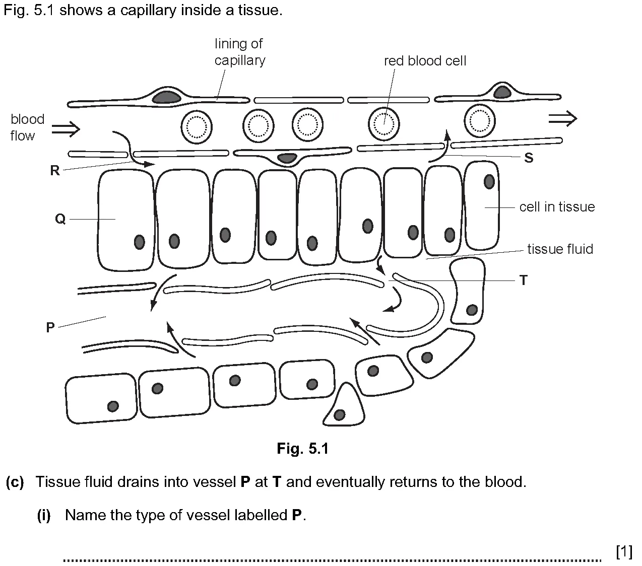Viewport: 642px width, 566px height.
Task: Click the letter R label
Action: (x=55, y=170)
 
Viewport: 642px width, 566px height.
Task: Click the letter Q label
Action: (x=60, y=219)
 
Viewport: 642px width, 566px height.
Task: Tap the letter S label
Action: (x=529, y=158)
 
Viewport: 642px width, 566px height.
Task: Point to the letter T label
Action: (x=524, y=280)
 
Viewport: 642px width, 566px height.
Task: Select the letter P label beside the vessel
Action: (x=50, y=327)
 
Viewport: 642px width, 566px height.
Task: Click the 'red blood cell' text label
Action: (x=425, y=61)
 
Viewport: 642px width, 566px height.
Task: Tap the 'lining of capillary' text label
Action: (x=240, y=52)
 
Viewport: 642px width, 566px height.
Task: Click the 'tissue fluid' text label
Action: (x=560, y=249)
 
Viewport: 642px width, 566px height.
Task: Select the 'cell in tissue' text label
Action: (x=557, y=207)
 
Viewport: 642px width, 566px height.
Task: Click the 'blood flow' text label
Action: (x=28, y=127)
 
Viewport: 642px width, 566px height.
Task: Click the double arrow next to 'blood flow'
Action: (x=66, y=129)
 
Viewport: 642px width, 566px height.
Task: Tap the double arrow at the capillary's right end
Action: (x=563, y=119)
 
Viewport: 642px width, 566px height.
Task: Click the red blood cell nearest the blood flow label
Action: (x=197, y=127)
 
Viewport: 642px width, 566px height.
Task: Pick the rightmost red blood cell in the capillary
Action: (x=479, y=121)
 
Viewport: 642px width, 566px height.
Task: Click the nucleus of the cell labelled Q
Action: (x=140, y=242)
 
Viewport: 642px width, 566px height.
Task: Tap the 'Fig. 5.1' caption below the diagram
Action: (x=303, y=449)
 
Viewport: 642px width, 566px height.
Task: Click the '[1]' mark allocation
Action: (x=624, y=551)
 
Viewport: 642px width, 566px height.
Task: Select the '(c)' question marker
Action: (x=15, y=482)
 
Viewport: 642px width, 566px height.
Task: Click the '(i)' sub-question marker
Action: (x=44, y=515)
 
